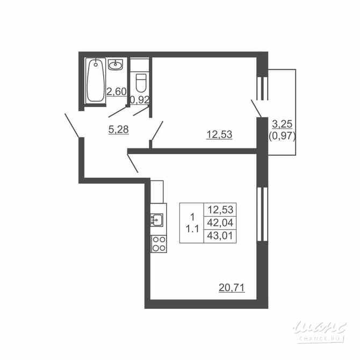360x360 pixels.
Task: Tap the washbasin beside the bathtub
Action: pos(116,66)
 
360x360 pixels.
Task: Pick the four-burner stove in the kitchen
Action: pos(157,243)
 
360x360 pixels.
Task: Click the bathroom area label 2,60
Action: pos(116,91)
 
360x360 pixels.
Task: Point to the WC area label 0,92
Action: pos(140,99)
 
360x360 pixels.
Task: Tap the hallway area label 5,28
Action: pos(118,129)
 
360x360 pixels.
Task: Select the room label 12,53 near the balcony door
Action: pos(219,134)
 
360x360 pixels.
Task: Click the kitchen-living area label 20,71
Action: pos(232,288)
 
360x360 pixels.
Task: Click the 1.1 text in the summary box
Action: pos(192,228)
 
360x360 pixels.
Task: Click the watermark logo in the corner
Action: pos(320,328)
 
